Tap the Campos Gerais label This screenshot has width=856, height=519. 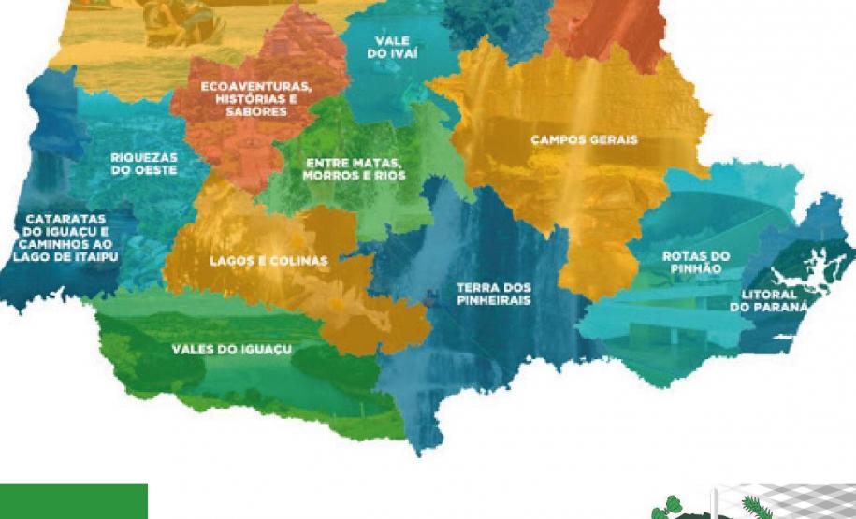[x=584, y=140]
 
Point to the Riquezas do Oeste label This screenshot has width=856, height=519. [x=143, y=165]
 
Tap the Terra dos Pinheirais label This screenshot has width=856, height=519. [x=493, y=294]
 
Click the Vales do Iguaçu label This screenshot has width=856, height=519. [x=232, y=349]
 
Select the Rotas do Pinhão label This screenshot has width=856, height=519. [x=696, y=262]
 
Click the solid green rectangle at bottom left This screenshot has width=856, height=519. [x=73, y=501]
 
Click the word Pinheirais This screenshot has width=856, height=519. [x=493, y=301]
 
